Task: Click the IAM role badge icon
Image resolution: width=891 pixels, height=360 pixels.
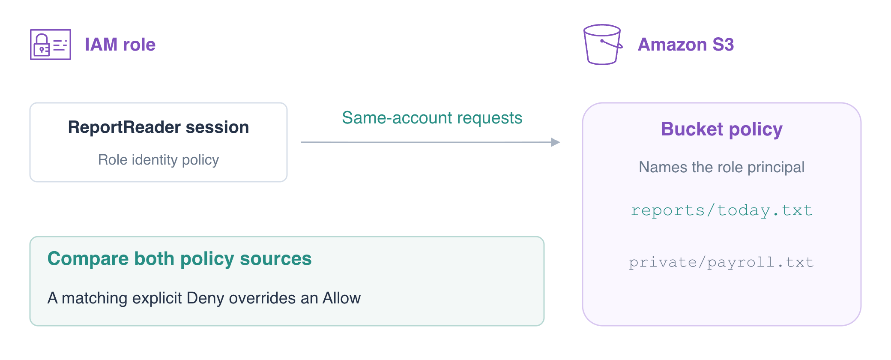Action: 51,45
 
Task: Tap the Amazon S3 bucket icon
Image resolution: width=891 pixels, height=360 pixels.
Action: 603,45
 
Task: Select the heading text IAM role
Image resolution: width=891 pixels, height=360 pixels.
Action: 120,45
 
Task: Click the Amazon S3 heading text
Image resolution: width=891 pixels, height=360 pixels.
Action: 686,45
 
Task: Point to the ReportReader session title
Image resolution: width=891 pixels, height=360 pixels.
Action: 158,127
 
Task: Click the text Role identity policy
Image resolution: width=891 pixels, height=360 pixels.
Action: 158,160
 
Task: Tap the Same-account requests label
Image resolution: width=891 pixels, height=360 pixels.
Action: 432,118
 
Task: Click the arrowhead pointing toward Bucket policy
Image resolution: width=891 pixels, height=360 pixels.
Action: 556,142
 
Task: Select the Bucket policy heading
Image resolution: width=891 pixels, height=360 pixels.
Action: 722,129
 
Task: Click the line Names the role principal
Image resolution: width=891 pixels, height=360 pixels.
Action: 722,167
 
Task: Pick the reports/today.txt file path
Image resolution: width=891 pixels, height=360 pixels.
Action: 722,210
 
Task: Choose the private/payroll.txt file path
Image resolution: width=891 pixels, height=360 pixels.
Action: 721,262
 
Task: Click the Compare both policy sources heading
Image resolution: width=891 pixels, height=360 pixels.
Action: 179,259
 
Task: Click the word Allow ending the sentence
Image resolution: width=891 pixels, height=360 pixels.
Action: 341,298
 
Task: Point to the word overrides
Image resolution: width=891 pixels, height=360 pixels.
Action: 262,298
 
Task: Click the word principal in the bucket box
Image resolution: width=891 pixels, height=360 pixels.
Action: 776,167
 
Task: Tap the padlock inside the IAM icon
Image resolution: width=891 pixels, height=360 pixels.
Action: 42,45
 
